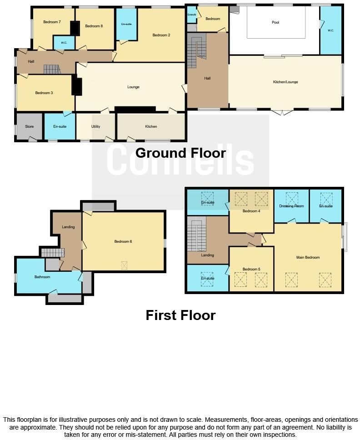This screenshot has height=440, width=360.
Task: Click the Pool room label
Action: [x=275, y=22]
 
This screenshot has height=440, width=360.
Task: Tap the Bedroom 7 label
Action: [x=52, y=22]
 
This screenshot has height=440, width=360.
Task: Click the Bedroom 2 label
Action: [x=161, y=35]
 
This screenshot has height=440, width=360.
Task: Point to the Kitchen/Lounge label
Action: [x=285, y=82]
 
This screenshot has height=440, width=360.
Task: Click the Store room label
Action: [x=30, y=126]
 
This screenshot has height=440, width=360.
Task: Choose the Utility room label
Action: [x=96, y=126]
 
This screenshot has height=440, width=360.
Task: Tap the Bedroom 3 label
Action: [x=44, y=93]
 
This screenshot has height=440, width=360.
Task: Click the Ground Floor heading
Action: [x=180, y=153]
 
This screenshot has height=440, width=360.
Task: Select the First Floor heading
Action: [x=180, y=315]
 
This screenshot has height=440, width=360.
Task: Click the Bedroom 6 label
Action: [x=123, y=241]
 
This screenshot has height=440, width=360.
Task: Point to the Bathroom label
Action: [x=42, y=276]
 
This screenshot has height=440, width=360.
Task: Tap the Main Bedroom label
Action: [x=308, y=257]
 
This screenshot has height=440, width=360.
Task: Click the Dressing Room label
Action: [x=291, y=206]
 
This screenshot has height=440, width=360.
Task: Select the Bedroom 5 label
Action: [x=251, y=269]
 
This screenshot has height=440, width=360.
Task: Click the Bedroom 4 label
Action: [x=251, y=211]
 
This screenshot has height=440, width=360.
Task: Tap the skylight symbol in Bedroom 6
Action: [x=124, y=265]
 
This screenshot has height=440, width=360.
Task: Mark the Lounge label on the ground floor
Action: [x=133, y=87]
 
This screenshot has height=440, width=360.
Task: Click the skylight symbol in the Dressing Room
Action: [x=291, y=198]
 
